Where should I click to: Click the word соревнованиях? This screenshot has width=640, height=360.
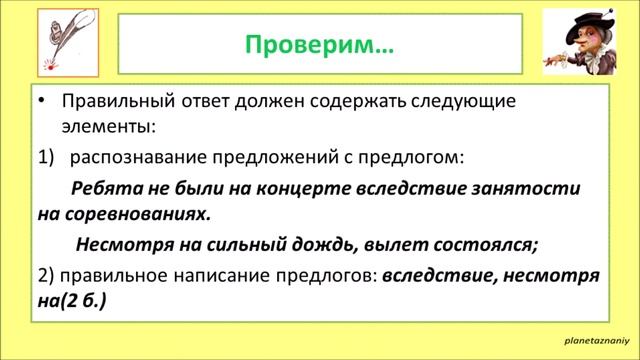coord(136,214)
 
